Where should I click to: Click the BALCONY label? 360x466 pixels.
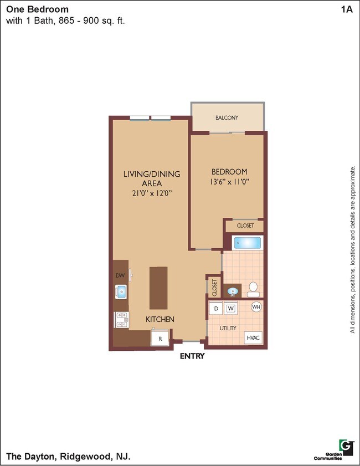click(227, 117)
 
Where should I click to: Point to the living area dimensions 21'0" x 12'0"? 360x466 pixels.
click(151, 193)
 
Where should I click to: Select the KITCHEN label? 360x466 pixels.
click(160, 319)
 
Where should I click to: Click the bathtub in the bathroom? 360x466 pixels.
click(247, 243)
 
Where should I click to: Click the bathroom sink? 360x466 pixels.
click(233, 291)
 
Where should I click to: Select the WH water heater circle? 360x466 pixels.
click(256, 307)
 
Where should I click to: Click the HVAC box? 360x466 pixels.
click(254, 337)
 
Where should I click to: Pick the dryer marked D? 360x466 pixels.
click(216, 308)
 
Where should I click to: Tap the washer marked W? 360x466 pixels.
click(230, 308)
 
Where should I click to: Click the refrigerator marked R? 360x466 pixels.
click(160, 338)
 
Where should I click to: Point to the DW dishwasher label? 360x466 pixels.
click(120, 275)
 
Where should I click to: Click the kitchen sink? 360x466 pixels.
click(121, 291)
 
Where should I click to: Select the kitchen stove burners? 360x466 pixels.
click(121, 319)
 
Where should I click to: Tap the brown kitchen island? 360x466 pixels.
click(158, 288)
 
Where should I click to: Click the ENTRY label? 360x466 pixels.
click(192, 356)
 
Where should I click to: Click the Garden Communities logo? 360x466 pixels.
click(346, 447)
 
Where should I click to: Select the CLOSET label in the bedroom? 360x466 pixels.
click(245, 226)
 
